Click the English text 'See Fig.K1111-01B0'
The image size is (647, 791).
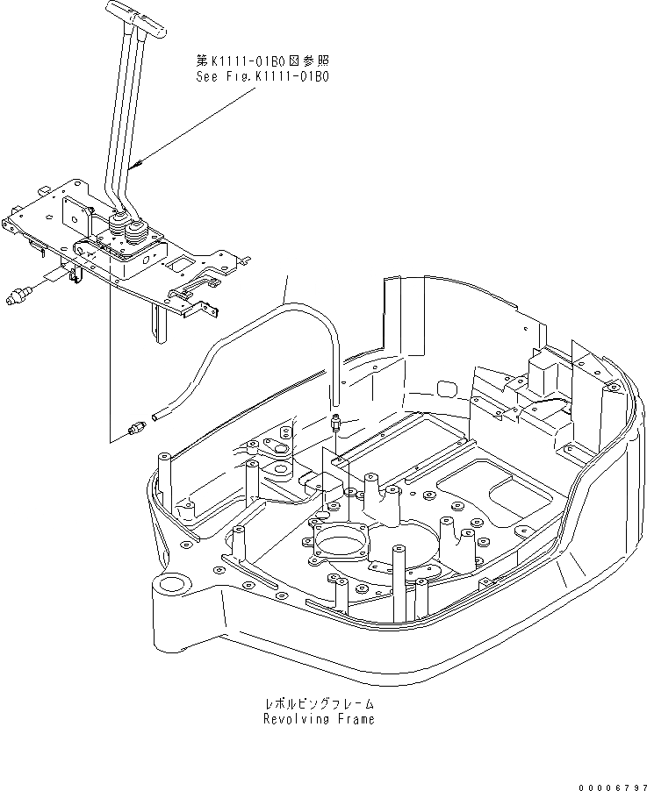click(x=262, y=76)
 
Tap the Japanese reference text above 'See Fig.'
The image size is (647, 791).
click(x=262, y=61)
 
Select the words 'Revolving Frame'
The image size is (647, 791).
click(x=319, y=719)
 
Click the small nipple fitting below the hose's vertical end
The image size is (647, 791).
click(x=335, y=423)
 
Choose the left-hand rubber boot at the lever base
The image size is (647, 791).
click(x=117, y=227)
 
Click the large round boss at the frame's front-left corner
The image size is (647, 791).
click(x=173, y=583)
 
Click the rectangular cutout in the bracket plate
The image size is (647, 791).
click(x=183, y=263)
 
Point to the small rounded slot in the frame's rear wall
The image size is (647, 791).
click(x=446, y=386)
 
